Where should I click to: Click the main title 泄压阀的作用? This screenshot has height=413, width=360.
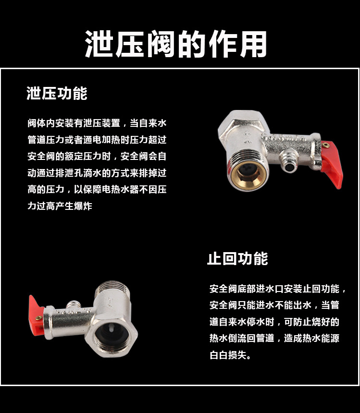click(x=176, y=44)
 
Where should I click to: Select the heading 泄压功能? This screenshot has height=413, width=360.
click(x=57, y=94)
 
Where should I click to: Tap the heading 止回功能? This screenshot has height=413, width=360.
click(x=237, y=259)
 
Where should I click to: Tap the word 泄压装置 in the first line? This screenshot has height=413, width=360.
click(x=103, y=123)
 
